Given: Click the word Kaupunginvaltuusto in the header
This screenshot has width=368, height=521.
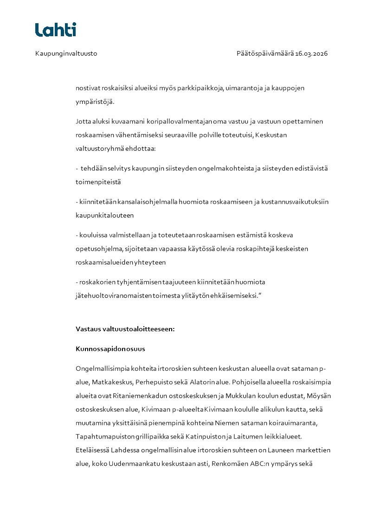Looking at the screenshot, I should pos(66,53).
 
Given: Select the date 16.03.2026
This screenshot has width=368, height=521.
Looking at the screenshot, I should pos(311,53).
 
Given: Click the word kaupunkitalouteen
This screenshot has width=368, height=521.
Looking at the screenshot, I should pos(104,215).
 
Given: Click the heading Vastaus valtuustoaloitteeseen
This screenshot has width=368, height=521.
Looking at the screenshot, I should pos(125,329).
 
